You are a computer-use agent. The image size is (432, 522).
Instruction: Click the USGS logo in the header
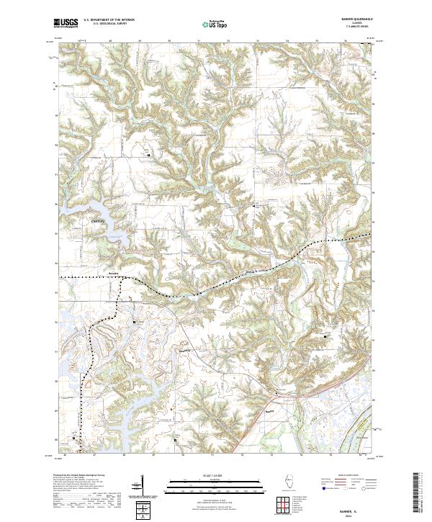tap(66, 23)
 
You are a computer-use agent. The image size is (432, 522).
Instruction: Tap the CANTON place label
tap(98, 220)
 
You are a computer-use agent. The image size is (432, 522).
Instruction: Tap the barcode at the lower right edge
tap(421, 497)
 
